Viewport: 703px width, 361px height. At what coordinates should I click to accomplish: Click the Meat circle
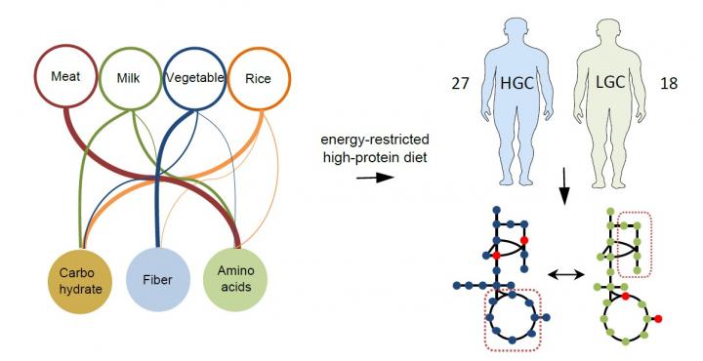pyautogui.click(x=63, y=75)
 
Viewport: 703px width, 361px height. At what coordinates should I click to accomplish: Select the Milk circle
pyautogui.click(x=131, y=75)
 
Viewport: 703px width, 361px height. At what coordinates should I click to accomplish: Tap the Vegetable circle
pyautogui.click(x=195, y=75)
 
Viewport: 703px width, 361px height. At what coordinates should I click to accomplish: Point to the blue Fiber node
pyautogui.click(x=157, y=277)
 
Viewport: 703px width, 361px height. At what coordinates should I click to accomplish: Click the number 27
pyautogui.click(x=457, y=85)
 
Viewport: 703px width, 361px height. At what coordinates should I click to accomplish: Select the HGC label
pyautogui.click(x=522, y=85)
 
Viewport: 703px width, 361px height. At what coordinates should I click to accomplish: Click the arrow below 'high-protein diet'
pyautogui.click(x=367, y=179)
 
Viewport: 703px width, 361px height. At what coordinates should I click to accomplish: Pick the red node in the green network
pyautogui.click(x=659, y=319)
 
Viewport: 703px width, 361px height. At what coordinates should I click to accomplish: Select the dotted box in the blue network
pyautogui.click(x=513, y=320)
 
